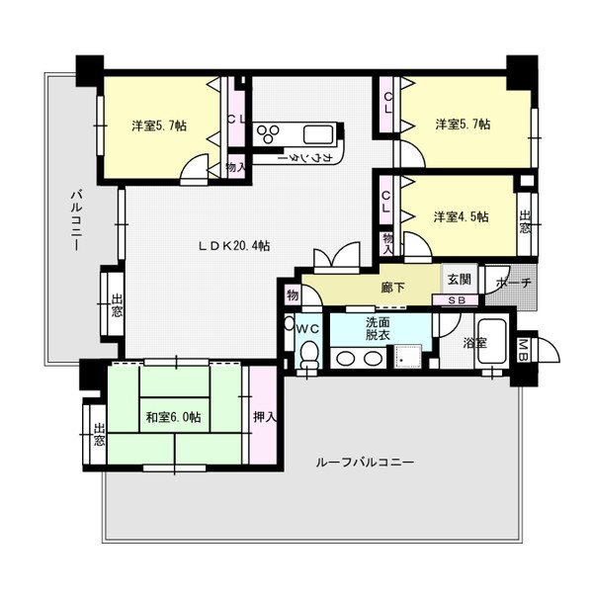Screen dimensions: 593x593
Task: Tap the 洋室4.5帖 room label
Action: (461, 217)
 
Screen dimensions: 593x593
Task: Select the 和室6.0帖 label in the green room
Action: (174, 418)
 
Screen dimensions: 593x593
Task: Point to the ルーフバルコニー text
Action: (365, 463)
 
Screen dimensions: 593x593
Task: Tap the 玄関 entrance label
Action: (458, 280)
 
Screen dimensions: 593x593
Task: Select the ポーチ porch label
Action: (514, 282)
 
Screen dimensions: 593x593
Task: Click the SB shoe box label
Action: (457, 300)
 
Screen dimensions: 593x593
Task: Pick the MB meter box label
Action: (523, 348)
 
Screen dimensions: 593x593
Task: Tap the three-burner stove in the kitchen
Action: (268, 133)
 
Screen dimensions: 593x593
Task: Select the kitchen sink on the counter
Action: (318, 135)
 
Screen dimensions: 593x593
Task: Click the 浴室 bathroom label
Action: (474, 343)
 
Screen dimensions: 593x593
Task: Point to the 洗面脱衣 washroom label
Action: (379, 328)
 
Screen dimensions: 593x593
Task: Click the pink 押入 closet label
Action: (264, 418)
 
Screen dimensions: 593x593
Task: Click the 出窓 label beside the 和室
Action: (99, 435)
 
